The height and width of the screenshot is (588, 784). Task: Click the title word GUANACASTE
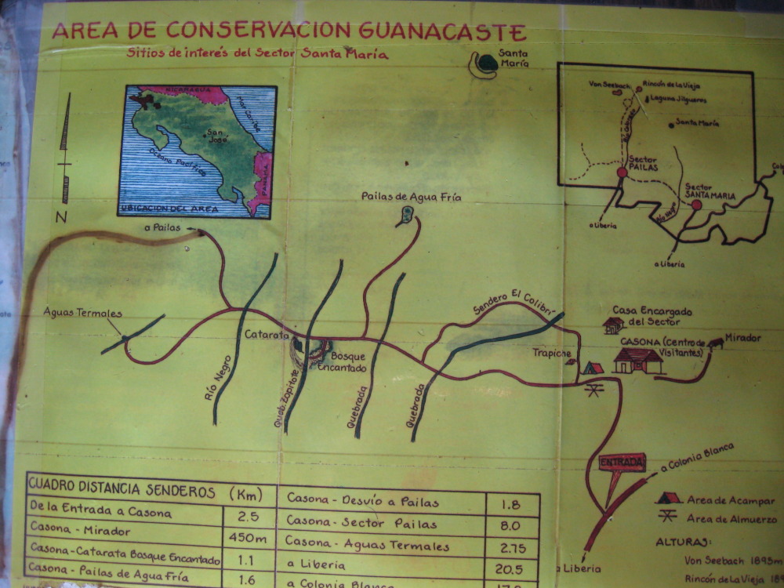coord(443,31)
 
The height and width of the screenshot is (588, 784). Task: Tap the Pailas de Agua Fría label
coord(411,198)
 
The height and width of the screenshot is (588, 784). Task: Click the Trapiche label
coord(551,353)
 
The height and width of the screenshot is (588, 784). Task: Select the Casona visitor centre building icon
coord(637,361)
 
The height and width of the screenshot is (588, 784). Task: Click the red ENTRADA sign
coord(622,463)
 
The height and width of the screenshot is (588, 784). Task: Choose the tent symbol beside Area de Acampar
coord(668,498)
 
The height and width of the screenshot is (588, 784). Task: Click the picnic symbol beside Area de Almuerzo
coord(668,516)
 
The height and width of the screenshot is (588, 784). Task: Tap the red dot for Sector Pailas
coord(622,172)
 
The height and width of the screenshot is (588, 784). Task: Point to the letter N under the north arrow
coord(60,217)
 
